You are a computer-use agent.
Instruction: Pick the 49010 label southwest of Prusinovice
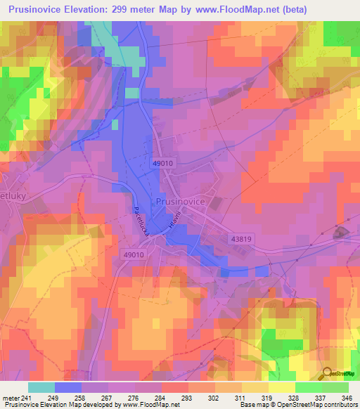click(133, 255)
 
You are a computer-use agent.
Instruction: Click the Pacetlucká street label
click(138, 220)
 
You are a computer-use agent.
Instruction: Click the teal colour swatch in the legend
click(41, 387)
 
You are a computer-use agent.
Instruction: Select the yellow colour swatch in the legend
click(282, 387)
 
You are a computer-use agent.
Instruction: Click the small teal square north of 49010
click(132, 93)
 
